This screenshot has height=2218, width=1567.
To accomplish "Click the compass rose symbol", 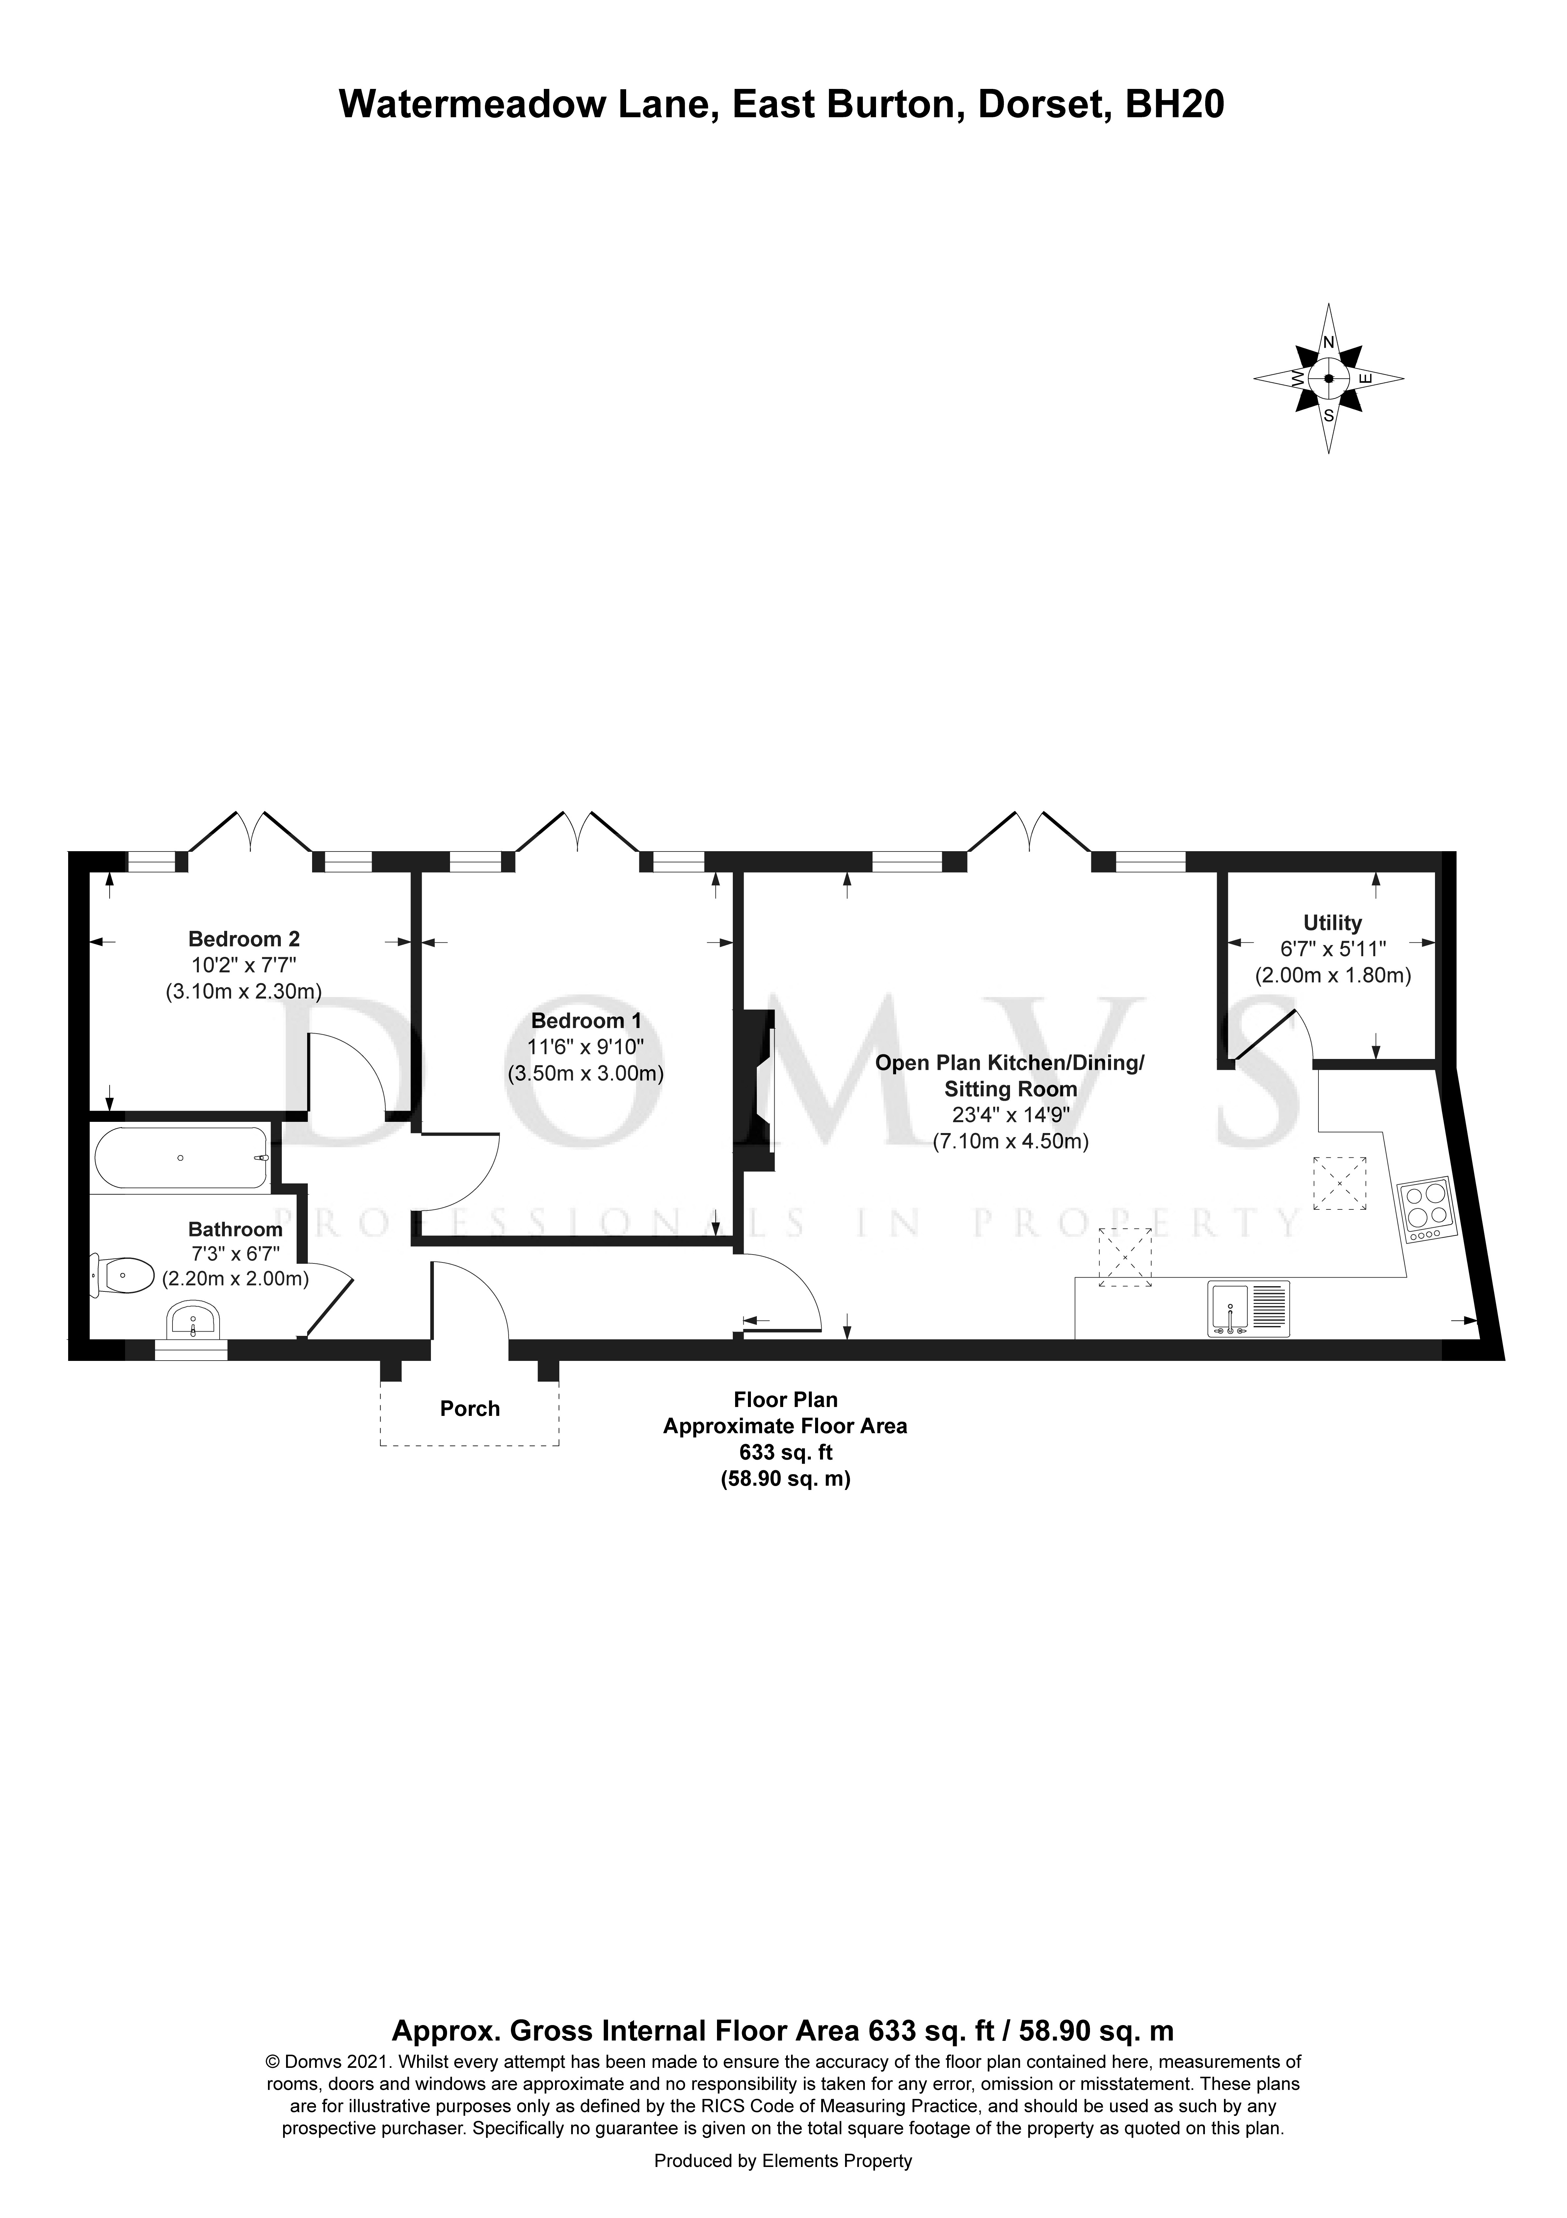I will (1328, 379).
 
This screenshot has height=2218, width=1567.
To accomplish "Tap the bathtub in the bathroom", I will (181, 1157).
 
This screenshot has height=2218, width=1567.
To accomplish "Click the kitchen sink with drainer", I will (1248, 1309).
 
